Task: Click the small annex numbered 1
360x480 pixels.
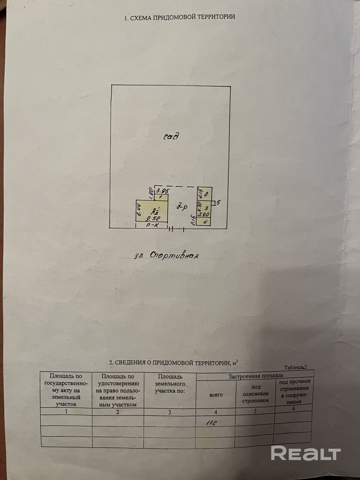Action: click(160, 197)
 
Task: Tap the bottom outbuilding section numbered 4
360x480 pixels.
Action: click(206, 222)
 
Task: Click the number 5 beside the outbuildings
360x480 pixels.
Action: click(218, 202)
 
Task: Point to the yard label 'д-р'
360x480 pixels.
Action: click(183, 206)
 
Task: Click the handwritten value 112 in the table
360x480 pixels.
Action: click(212, 423)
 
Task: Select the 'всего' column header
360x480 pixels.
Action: click(216, 394)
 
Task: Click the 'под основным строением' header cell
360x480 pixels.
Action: click(255, 394)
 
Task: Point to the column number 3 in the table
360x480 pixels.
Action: click(169, 412)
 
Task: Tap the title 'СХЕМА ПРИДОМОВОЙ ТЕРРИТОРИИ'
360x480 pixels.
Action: click(180, 17)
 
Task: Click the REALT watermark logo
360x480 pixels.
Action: click(306, 454)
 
